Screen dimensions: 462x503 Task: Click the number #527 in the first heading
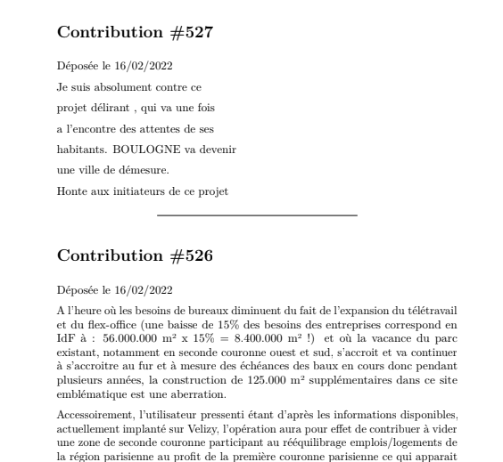point(190,33)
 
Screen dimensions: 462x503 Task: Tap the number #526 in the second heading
point(190,256)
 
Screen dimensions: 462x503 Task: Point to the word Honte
point(71,190)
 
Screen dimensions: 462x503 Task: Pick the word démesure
point(144,170)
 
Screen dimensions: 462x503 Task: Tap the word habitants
point(80,150)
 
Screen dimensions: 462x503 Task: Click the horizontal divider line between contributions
point(257,215)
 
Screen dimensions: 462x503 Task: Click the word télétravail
point(427,311)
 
